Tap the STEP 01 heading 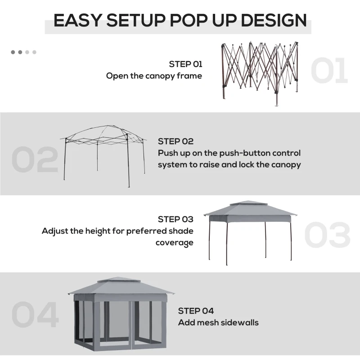(x=186, y=64)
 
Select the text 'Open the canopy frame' (x=154, y=76)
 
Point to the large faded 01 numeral (x=329, y=71)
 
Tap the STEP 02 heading (x=175, y=141)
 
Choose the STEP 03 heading (x=175, y=219)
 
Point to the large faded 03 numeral (x=327, y=235)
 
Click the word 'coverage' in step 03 (x=175, y=243)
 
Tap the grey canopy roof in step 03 (x=250, y=210)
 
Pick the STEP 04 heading (x=196, y=310)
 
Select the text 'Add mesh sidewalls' (x=218, y=322)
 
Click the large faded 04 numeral (x=35, y=315)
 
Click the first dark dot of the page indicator (x=13, y=52)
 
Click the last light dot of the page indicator (x=34, y=52)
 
